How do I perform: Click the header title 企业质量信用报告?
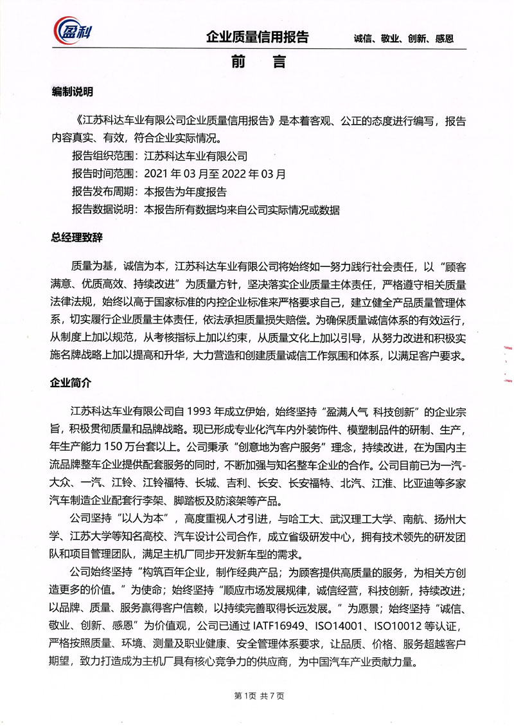click(257, 37)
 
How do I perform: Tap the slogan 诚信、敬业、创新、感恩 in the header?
click(403, 38)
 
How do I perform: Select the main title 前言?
click(256, 63)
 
